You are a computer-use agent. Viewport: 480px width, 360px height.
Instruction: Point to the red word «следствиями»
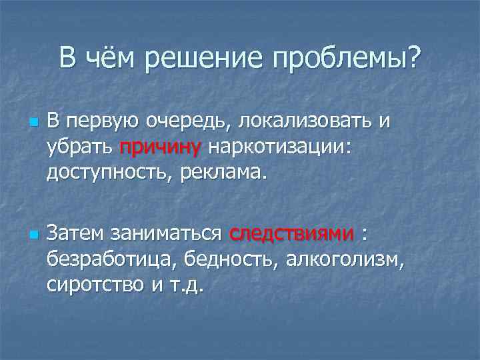291,234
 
